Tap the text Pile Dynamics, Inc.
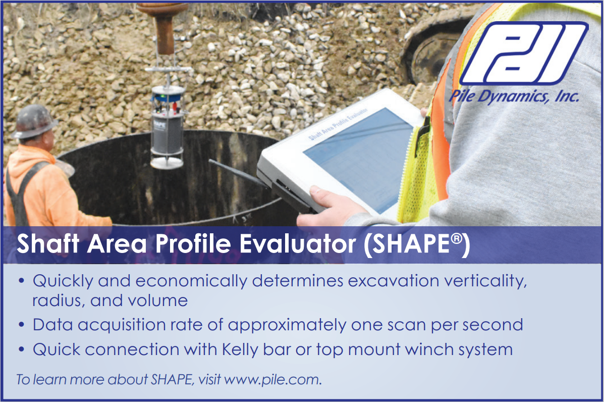[x=514, y=96]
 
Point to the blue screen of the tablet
[x=358, y=158]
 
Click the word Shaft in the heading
[x=48, y=243]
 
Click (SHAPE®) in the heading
[x=417, y=244]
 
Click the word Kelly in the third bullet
[x=240, y=350]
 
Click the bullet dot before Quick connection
[x=22, y=349]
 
